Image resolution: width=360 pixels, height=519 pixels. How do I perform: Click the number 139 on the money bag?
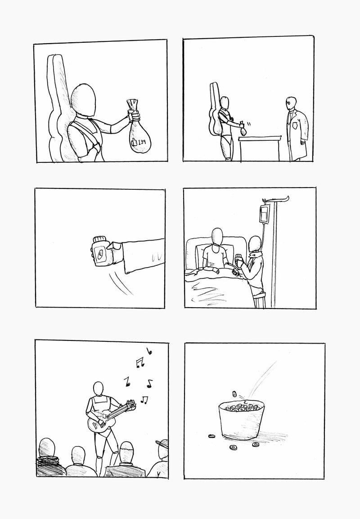click(142, 142)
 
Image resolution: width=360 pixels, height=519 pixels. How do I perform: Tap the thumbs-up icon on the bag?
click(134, 142)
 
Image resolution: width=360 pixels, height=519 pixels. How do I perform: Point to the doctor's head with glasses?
click(290, 103)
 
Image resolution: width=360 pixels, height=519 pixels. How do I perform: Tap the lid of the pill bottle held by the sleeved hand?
click(99, 239)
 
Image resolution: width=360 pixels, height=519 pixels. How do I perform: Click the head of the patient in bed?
click(217, 236)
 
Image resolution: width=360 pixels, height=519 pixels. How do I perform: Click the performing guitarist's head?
click(99, 389)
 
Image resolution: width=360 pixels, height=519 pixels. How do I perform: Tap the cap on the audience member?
click(162, 442)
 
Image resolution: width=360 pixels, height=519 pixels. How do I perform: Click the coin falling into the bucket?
click(234, 394)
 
